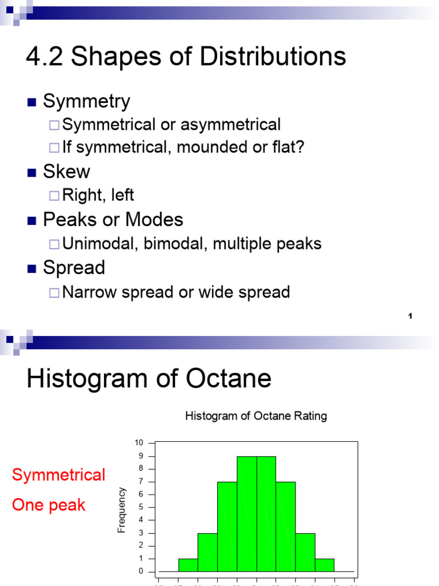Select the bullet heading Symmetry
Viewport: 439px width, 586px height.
(x=87, y=102)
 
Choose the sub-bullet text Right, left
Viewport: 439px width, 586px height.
(x=98, y=195)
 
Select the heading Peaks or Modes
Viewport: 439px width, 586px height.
(x=113, y=220)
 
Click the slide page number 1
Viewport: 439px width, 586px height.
(x=410, y=316)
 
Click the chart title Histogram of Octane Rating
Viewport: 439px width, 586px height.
(x=256, y=416)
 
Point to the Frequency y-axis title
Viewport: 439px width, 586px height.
(x=121, y=510)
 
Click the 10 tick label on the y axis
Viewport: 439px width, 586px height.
(x=139, y=443)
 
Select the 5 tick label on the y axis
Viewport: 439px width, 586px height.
(x=141, y=507)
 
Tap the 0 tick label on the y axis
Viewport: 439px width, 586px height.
(x=141, y=571)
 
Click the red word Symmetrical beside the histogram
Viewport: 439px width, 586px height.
(x=59, y=474)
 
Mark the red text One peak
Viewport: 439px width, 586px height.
(x=49, y=505)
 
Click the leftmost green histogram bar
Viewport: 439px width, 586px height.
(x=188, y=565)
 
